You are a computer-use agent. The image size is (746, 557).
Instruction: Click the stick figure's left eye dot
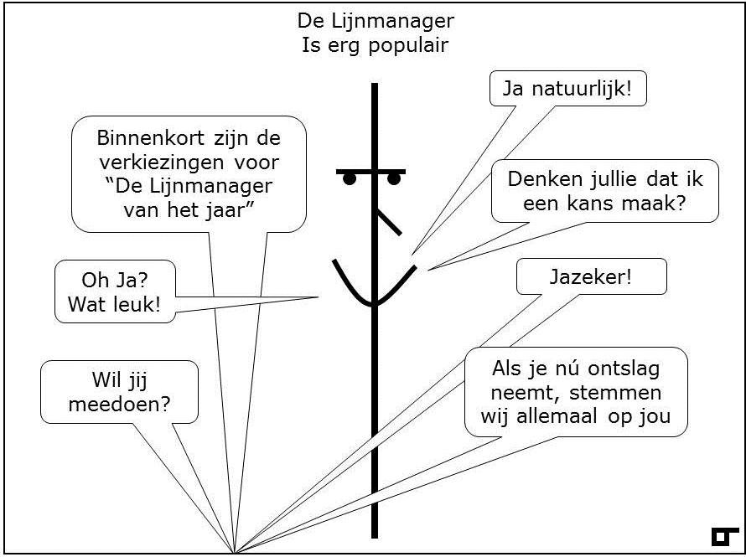[x=350, y=179]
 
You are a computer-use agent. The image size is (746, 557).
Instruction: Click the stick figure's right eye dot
[x=394, y=179]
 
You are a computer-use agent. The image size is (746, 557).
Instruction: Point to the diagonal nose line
[x=390, y=222]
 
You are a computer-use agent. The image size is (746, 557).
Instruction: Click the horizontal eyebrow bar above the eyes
[x=371, y=172]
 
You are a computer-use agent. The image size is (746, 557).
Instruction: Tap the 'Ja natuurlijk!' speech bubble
[x=567, y=89]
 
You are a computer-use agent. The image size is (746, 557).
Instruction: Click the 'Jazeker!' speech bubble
[x=592, y=276]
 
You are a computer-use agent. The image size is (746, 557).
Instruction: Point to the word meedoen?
[x=119, y=405]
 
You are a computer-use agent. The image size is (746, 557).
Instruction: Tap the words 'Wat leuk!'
[x=114, y=304]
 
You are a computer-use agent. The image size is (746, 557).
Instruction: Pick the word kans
[x=593, y=204]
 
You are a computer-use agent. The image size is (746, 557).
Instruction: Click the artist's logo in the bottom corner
[x=725, y=536]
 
